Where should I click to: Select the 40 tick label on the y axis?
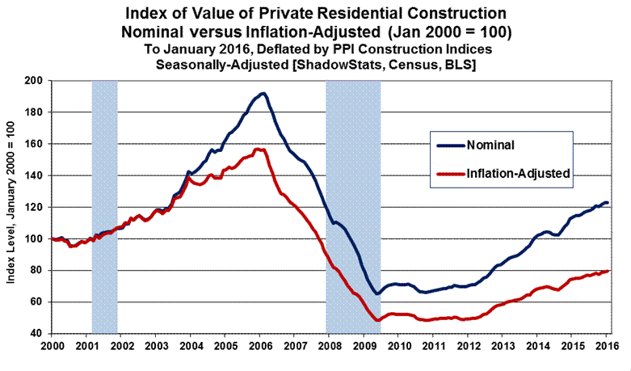(x=37, y=334)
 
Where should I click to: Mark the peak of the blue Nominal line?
(x=262, y=94)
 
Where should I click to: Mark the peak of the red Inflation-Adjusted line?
(x=257, y=149)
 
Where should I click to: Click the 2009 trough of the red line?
(x=377, y=321)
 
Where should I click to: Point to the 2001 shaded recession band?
(x=105, y=206)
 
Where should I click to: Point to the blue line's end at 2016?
(x=607, y=203)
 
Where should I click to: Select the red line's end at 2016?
(x=607, y=271)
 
